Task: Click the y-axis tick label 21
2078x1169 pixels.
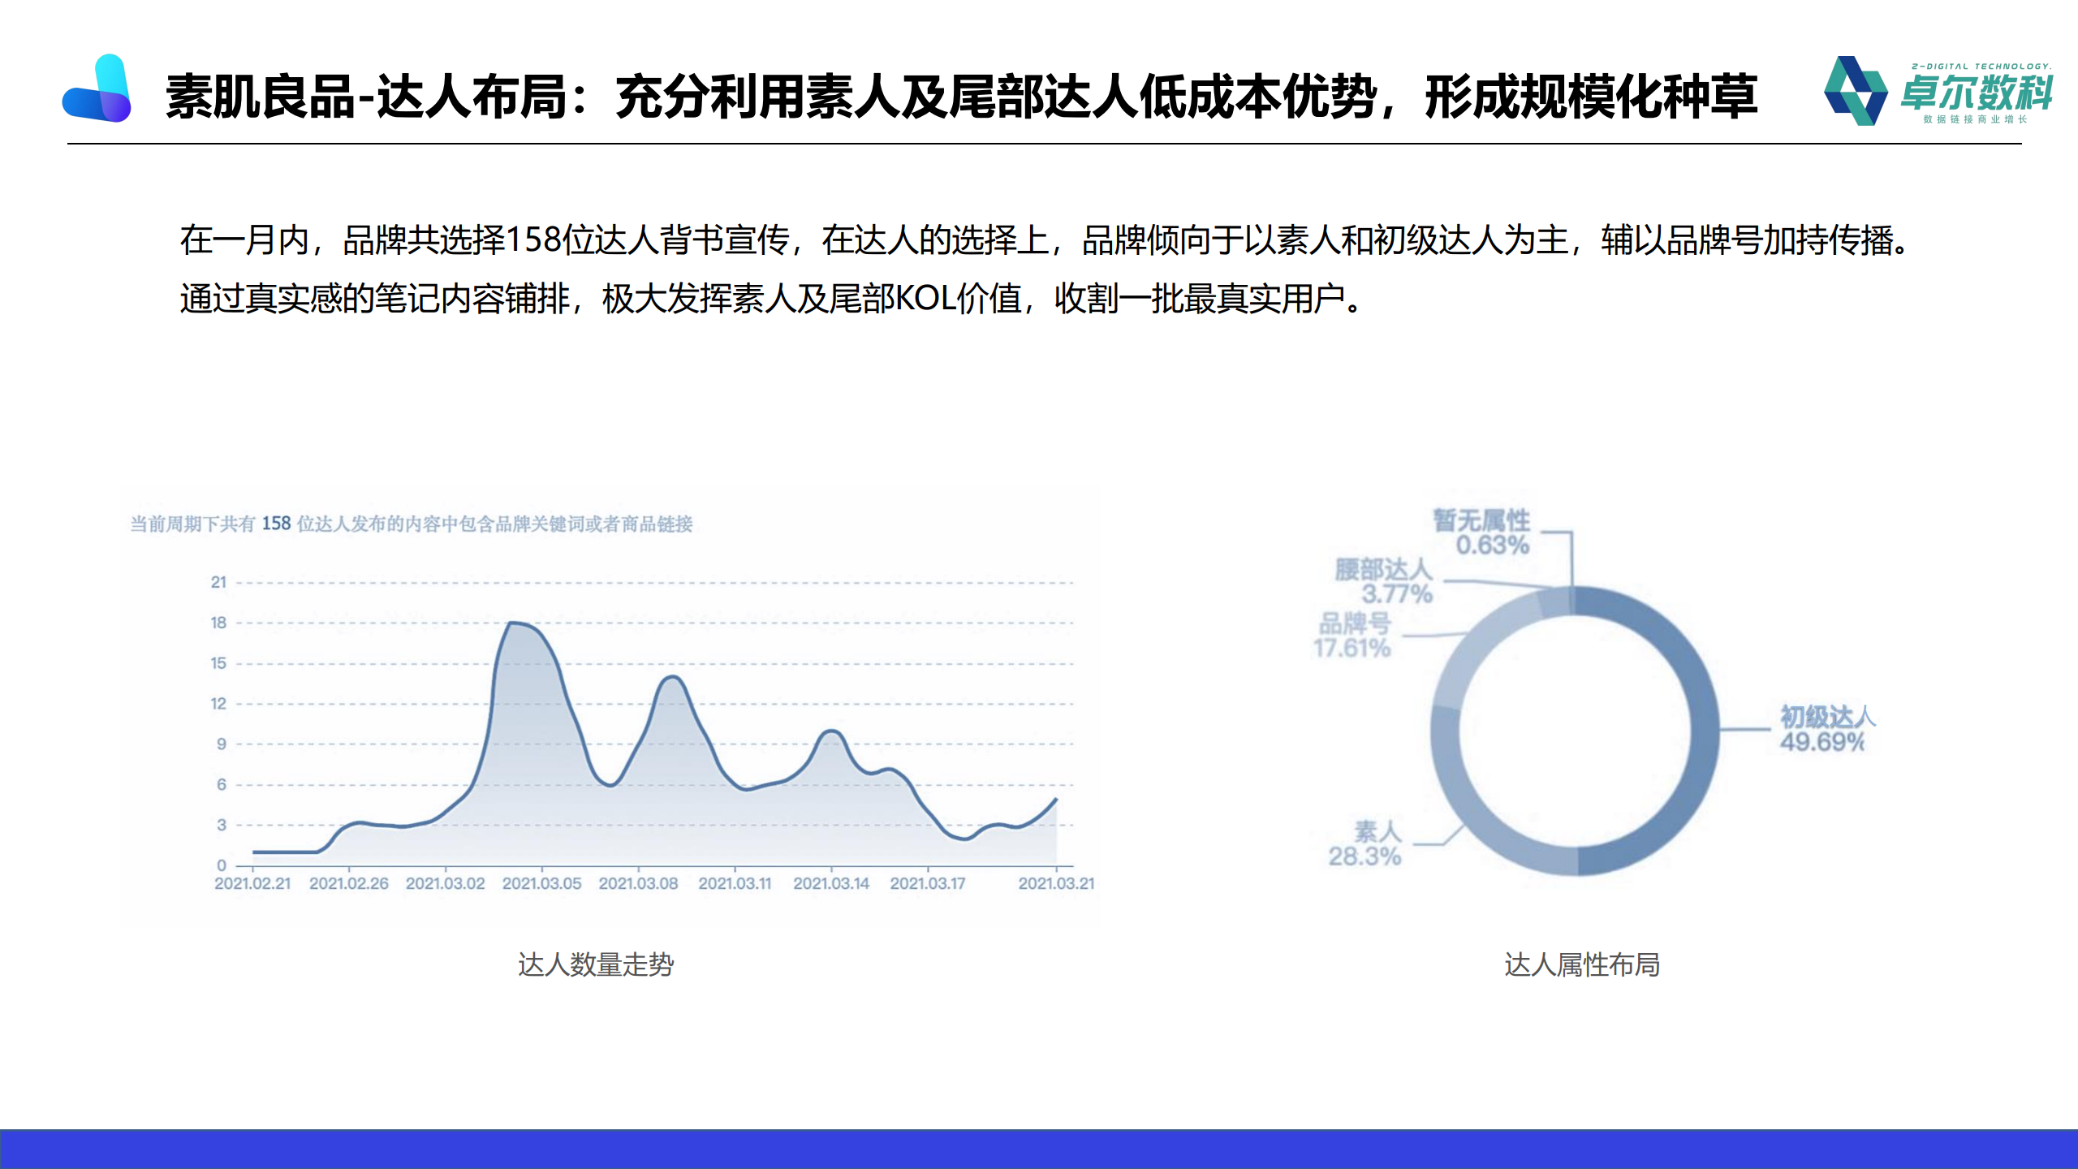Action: point(218,582)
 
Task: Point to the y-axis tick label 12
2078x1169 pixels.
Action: point(218,703)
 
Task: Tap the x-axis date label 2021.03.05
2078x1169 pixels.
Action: point(541,883)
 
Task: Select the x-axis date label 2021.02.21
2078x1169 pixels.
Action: point(252,883)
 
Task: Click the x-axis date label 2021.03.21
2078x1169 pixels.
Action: point(1056,883)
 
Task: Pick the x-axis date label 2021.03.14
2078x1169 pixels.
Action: point(831,883)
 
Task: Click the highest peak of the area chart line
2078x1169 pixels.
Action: point(511,623)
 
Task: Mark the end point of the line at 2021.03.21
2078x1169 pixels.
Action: point(1056,799)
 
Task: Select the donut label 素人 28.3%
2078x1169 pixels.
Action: point(1365,843)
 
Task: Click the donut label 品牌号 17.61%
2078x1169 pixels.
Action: point(1353,636)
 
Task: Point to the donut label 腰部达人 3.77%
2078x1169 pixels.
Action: point(1384,581)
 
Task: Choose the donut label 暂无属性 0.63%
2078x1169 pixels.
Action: point(1482,533)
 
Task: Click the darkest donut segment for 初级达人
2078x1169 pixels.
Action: point(1705,731)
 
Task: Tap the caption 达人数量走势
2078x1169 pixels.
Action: point(596,964)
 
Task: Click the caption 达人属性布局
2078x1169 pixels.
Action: point(1582,964)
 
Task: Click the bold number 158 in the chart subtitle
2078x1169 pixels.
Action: point(276,524)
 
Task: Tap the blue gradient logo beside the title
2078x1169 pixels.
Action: point(97,88)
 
